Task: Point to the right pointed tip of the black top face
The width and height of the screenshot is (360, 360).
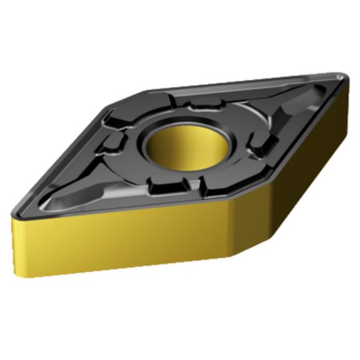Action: [344, 79]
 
